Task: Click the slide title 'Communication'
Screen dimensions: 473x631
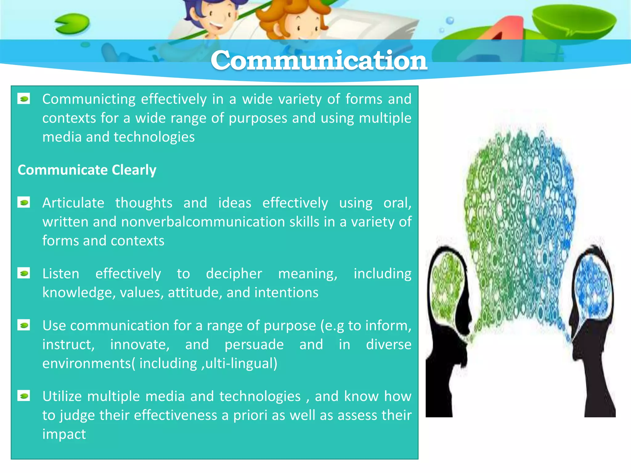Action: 319,60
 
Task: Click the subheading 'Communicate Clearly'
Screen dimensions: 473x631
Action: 87,170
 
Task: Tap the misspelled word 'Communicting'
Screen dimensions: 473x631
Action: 89,99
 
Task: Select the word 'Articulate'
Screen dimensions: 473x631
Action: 73,203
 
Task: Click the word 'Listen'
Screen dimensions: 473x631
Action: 61,273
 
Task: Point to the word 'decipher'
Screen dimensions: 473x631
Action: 234,273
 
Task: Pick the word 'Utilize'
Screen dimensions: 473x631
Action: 62,396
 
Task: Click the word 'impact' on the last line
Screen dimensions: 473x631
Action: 64,434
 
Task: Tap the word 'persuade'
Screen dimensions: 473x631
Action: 254,345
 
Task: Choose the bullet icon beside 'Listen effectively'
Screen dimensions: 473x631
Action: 24,273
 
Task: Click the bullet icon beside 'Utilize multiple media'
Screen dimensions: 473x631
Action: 24,396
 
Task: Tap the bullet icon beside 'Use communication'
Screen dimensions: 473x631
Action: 24,325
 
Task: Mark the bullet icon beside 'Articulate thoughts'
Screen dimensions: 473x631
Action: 24,203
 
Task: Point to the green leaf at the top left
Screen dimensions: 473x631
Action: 72,24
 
